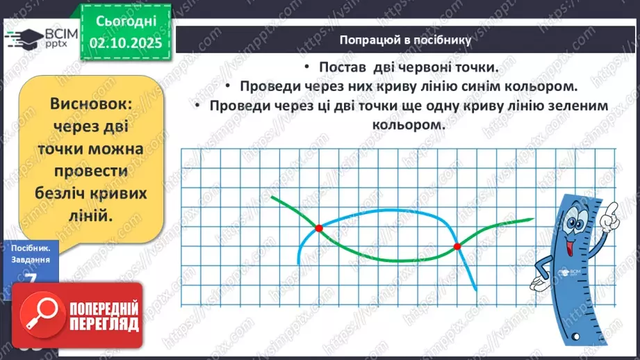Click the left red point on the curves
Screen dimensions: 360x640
click(x=319, y=228)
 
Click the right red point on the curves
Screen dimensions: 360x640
click(x=457, y=246)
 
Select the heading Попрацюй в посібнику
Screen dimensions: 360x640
click(x=406, y=40)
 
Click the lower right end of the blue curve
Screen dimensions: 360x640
click(x=476, y=289)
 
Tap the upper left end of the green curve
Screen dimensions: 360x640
click(x=272, y=197)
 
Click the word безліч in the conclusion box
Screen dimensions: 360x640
click(x=65, y=194)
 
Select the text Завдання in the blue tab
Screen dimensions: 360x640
click(x=30, y=259)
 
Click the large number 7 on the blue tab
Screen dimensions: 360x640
click(x=29, y=278)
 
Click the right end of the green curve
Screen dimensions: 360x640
click(x=532, y=220)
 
